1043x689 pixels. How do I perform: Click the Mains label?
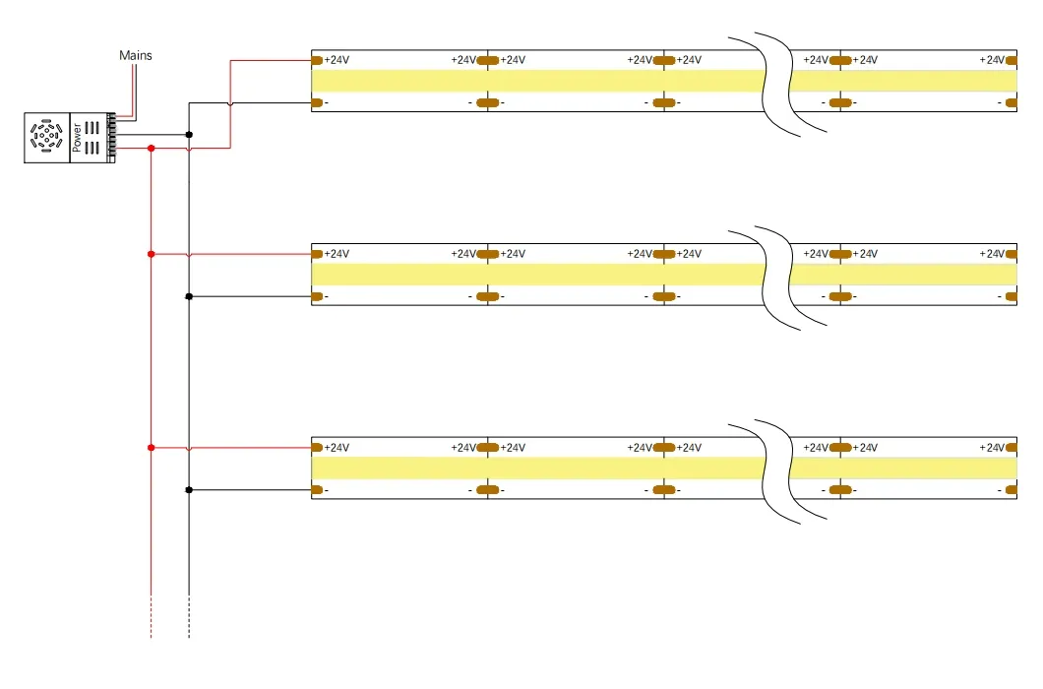tap(136, 55)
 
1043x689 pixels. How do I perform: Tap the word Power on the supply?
tap(78, 137)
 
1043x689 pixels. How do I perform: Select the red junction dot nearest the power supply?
tap(151, 149)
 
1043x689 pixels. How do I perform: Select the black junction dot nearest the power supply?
tap(189, 134)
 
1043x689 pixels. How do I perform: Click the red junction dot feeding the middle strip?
tap(151, 254)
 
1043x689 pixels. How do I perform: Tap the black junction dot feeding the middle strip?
tap(189, 295)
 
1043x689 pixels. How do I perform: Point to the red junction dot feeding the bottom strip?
tap(151, 448)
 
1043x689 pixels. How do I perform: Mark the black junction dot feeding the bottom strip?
tap(189, 489)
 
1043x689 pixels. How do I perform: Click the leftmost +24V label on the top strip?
tap(337, 60)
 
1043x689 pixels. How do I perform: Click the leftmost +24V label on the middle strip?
tap(337, 254)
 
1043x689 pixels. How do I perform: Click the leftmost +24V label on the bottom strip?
tap(337, 448)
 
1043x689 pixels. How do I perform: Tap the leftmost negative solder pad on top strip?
tap(317, 102)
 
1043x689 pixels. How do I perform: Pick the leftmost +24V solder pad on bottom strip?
tap(317, 448)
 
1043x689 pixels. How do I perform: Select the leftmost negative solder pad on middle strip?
tap(317, 296)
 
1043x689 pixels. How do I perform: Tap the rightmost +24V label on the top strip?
tap(992, 60)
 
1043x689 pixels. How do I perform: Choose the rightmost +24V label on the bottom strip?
tap(992, 448)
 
